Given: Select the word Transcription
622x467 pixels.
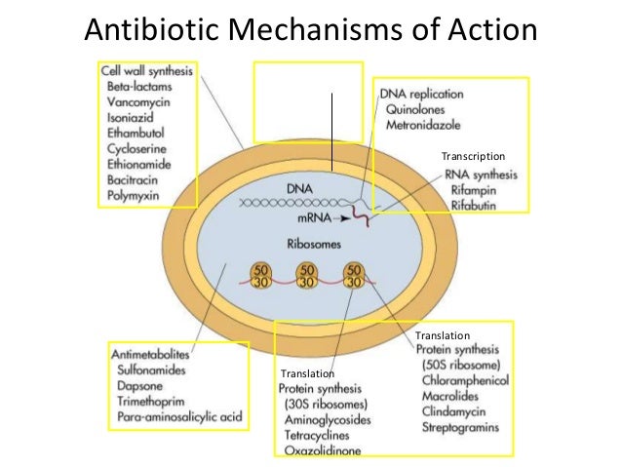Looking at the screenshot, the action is pyautogui.click(x=473, y=156).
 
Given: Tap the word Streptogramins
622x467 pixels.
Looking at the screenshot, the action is pyautogui.click(x=461, y=427).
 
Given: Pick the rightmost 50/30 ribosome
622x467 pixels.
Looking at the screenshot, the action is pyautogui.click(x=353, y=276).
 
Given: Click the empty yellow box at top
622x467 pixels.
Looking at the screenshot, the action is pyautogui.click(x=307, y=102).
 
